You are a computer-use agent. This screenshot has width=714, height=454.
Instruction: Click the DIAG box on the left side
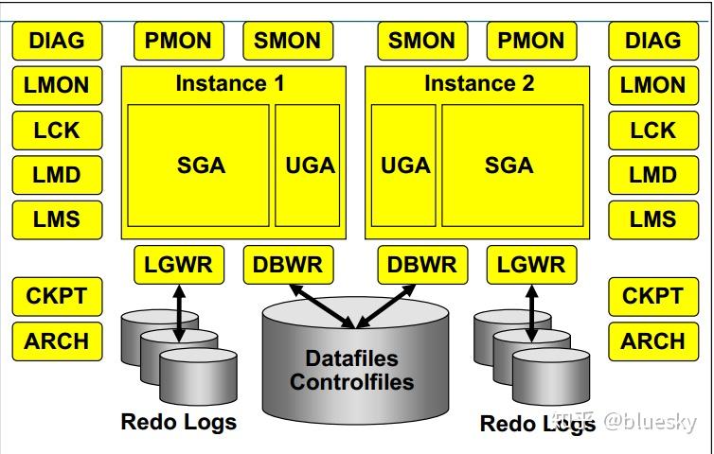tap(57, 41)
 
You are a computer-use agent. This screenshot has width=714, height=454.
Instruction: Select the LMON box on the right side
tap(652, 85)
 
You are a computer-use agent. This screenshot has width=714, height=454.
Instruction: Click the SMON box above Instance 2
tap(421, 41)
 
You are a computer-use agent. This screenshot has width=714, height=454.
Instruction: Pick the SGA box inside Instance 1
tap(201, 166)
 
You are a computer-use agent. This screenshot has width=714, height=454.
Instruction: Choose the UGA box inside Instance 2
tap(405, 166)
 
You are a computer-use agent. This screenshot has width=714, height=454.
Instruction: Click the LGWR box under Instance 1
tap(179, 264)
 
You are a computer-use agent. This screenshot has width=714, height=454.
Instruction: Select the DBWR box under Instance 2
tap(421, 264)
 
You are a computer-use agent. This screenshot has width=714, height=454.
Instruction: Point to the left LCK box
tap(57, 130)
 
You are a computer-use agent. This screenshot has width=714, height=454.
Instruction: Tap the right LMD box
tap(652, 175)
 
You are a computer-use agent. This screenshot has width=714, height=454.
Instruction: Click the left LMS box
tap(57, 219)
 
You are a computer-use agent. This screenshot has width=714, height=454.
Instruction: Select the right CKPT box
tap(652, 296)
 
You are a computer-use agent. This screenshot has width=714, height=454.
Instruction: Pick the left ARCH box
tap(57, 340)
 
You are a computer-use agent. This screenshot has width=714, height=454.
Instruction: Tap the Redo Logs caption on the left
tap(179, 422)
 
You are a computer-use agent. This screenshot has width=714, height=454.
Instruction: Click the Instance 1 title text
tap(229, 83)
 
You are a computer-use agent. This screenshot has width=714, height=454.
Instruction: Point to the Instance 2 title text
tap(479, 83)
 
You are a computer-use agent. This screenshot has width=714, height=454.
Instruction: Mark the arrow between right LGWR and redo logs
tap(531, 312)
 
